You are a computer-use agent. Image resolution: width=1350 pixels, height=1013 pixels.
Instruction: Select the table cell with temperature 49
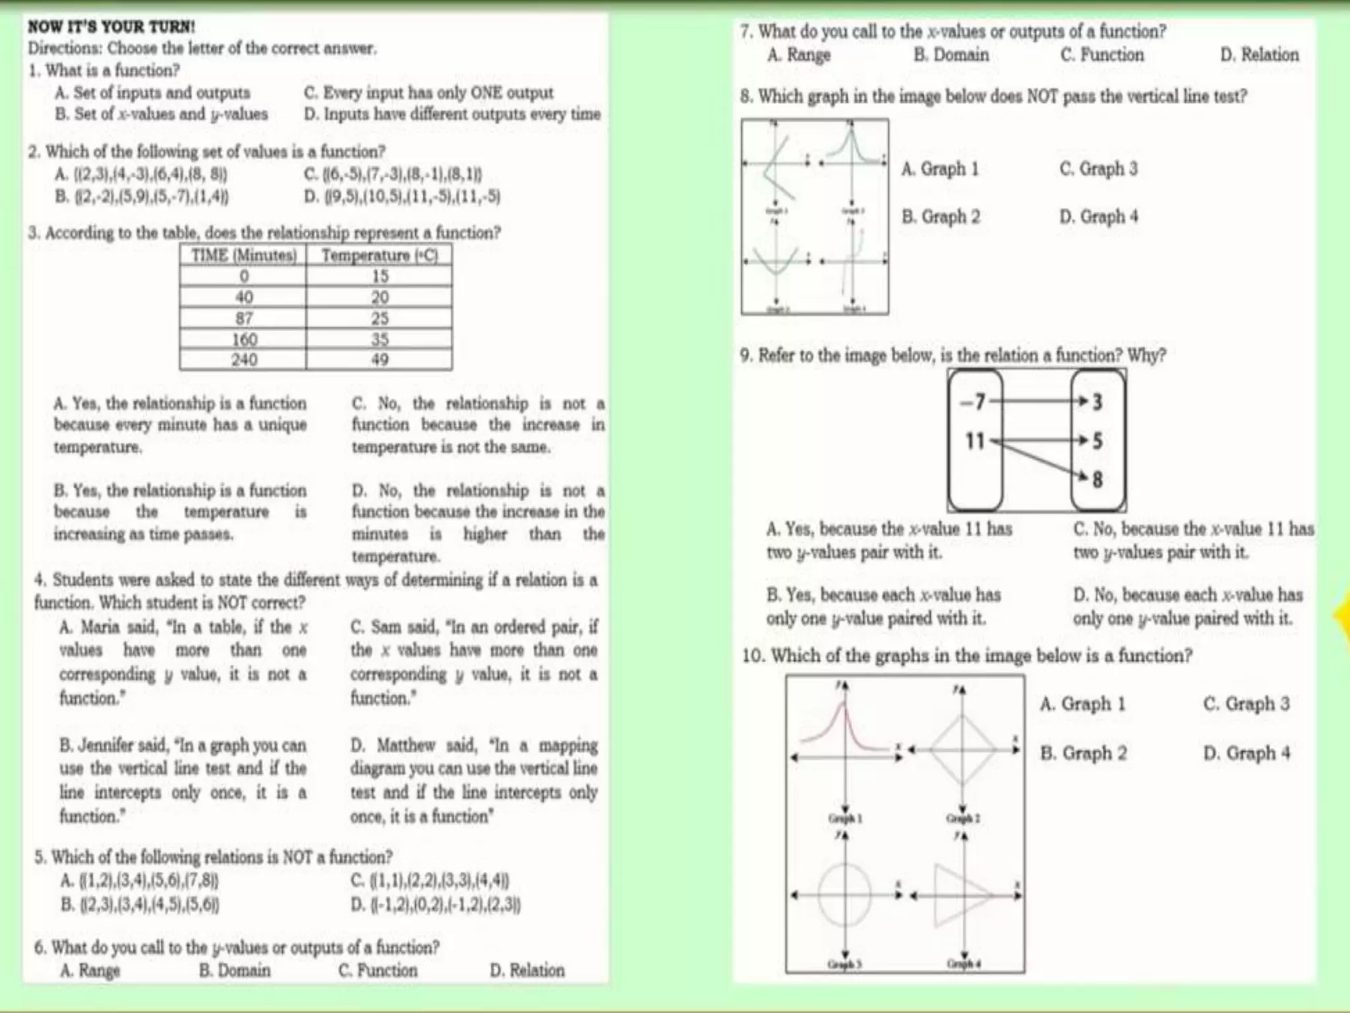pos(380,360)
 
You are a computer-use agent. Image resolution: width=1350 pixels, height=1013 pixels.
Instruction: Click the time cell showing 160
pos(244,340)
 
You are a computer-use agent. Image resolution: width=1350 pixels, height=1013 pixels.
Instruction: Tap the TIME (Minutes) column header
pos(244,256)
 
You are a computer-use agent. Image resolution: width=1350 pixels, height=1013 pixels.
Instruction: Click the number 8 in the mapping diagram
pos(1098,479)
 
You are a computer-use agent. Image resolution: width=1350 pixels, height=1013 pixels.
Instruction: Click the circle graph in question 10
pos(844,895)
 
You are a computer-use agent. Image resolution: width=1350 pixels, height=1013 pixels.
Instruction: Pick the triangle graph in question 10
pos(962,895)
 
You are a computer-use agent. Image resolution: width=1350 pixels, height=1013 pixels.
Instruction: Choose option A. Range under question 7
pos(798,55)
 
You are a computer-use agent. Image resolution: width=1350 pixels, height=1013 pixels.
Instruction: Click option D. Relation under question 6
pos(527,970)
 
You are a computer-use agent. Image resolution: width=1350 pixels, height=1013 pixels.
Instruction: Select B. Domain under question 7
pos(951,55)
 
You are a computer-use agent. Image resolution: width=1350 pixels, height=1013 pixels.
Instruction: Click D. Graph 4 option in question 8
pos(1098,216)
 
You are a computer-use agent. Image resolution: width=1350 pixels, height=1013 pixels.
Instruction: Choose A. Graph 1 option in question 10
pos(1082,704)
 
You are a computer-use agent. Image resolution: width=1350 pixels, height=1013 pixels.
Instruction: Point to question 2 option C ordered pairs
pos(394,175)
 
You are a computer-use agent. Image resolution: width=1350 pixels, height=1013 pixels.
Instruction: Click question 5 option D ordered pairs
pos(436,904)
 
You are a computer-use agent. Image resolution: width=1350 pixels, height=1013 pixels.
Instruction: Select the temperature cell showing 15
pos(380,276)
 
